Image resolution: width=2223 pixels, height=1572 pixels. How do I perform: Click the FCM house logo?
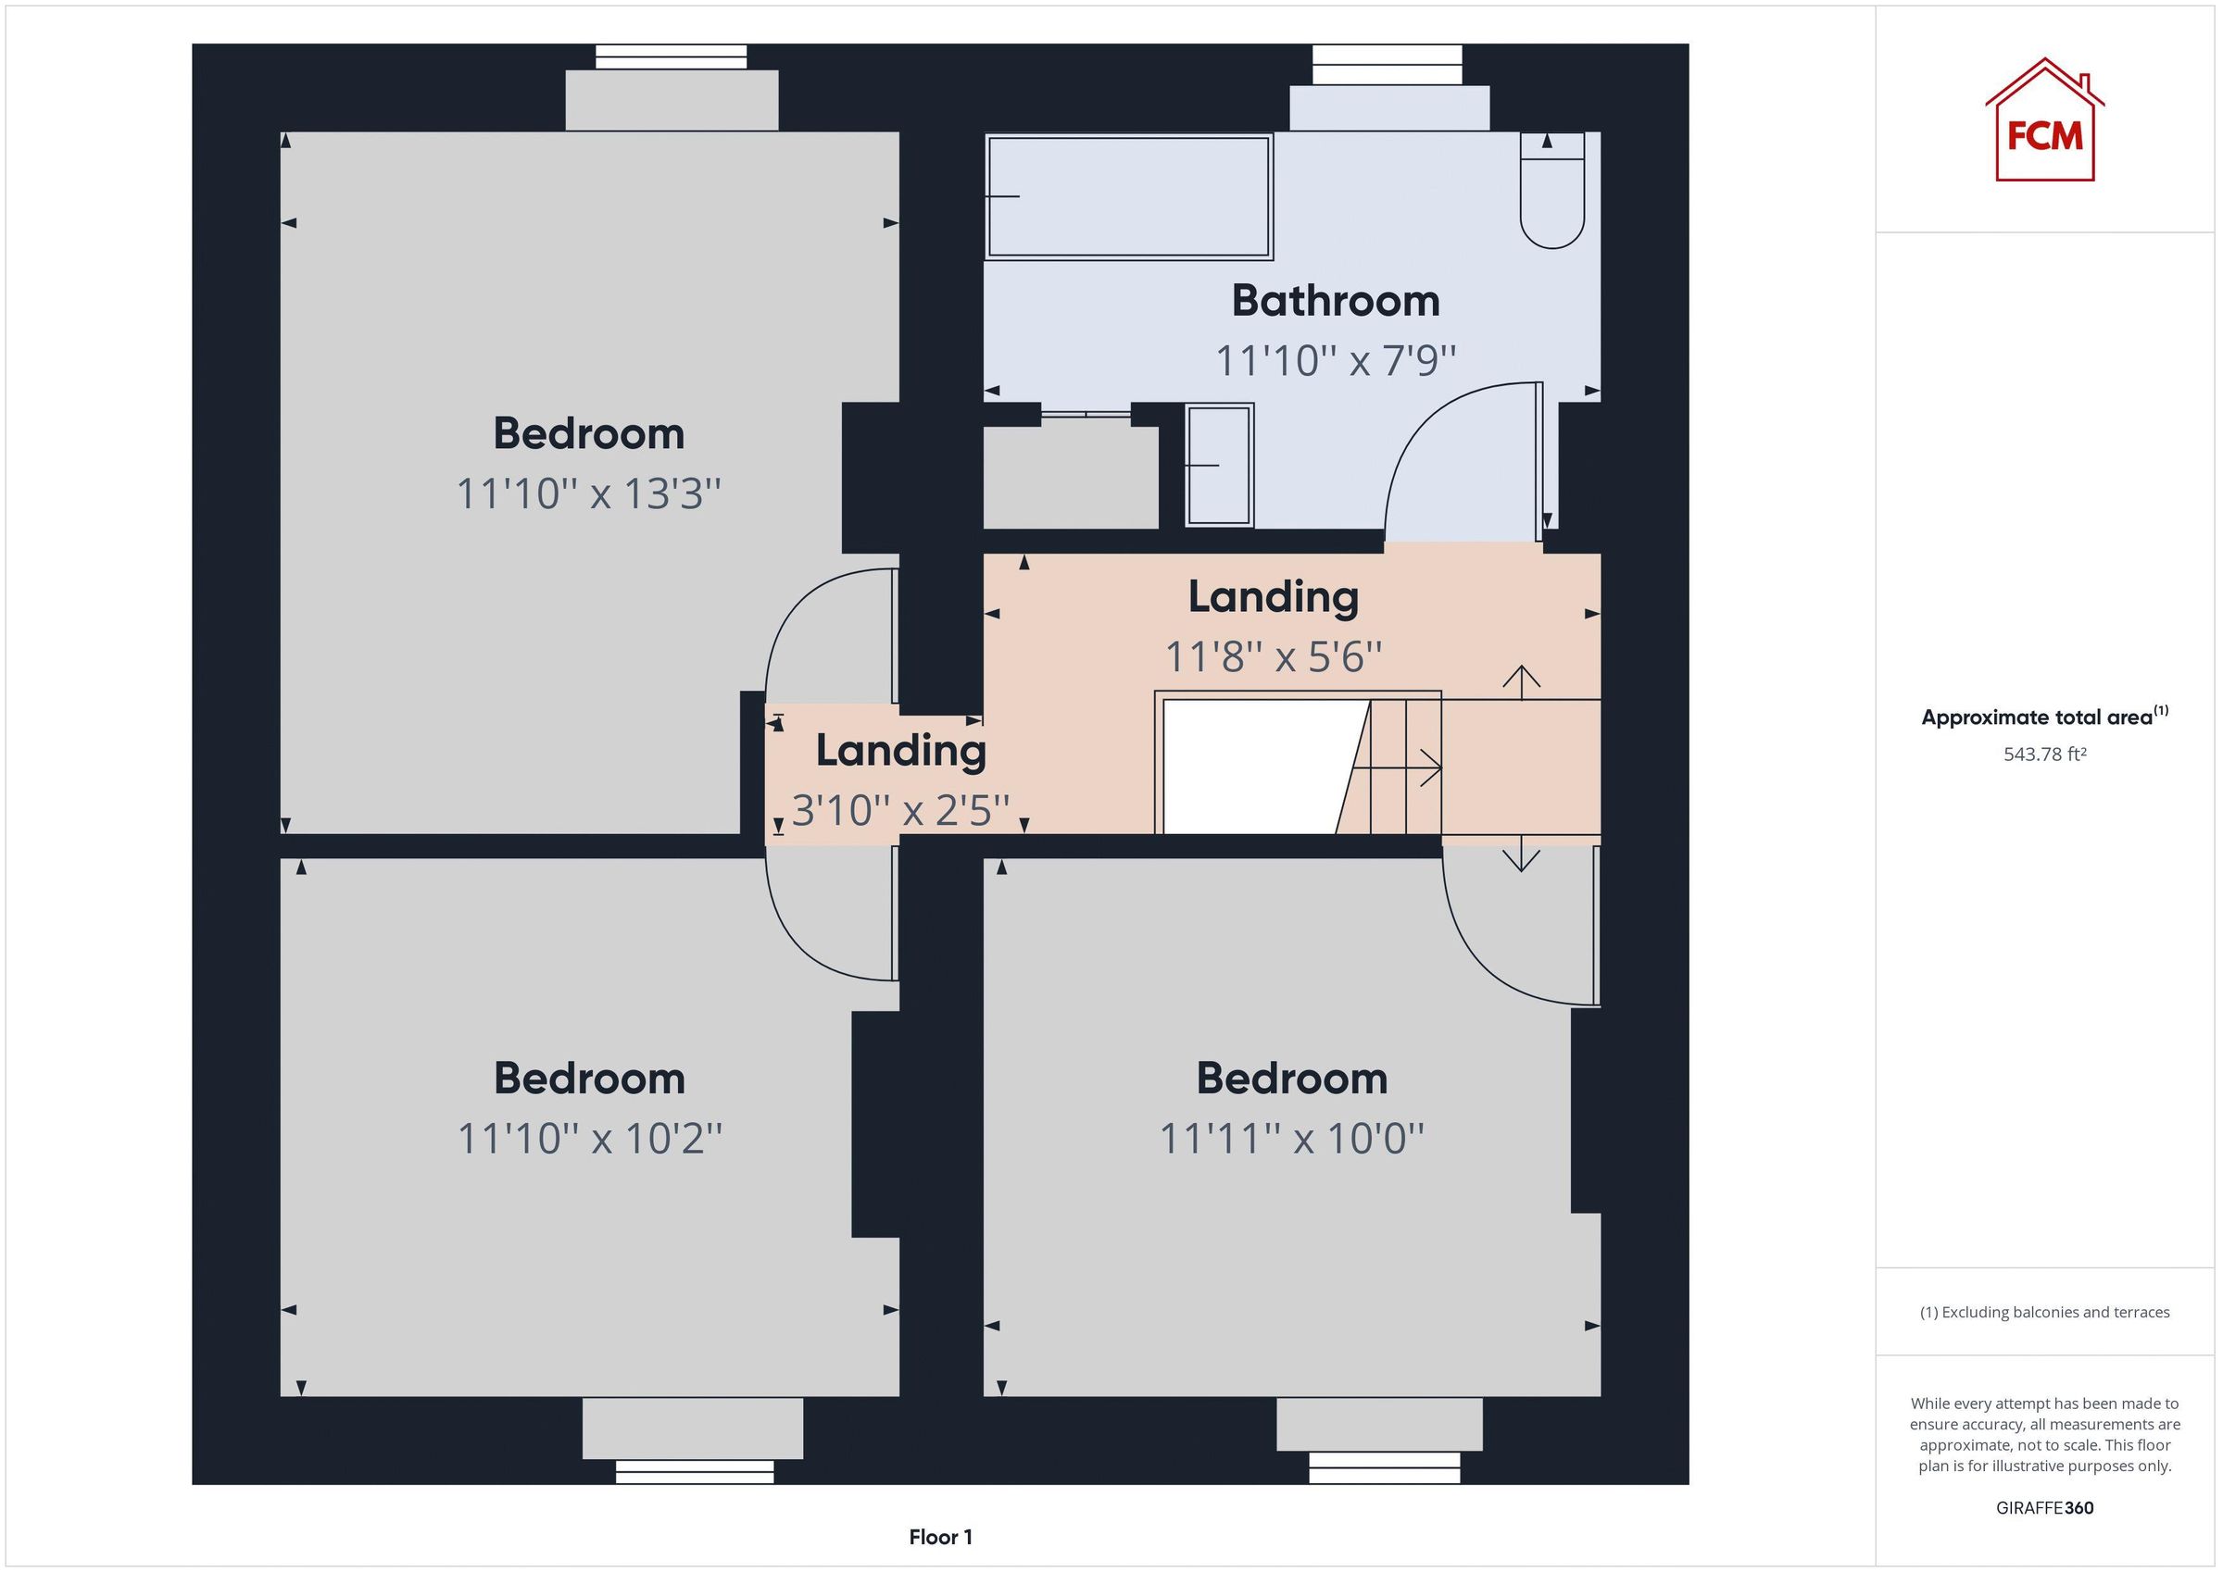(x=2044, y=122)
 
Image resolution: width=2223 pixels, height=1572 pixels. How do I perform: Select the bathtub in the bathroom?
(x=1128, y=196)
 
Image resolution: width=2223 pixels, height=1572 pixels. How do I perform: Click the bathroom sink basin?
(x=1219, y=466)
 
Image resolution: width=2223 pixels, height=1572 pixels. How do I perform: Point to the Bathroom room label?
(x=1335, y=301)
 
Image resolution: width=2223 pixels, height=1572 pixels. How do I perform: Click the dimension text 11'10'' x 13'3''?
(x=589, y=493)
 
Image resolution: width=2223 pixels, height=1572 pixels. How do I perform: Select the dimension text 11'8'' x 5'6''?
(x=1273, y=657)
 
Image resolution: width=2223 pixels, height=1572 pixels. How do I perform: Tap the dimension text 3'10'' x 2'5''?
(x=900, y=810)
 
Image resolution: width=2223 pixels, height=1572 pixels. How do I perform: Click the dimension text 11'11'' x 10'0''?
(x=1291, y=1139)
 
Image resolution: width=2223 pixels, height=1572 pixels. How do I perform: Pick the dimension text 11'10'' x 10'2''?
(x=590, y=1139)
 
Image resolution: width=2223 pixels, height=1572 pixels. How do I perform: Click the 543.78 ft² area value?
(x=2044, y=754)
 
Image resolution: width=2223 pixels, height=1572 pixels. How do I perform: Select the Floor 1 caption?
(x=939, y=1537)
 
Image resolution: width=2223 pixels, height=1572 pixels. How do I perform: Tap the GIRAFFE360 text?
(x=2044, y=1507)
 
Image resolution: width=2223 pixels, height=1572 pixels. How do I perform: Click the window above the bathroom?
(x=1387, y=65)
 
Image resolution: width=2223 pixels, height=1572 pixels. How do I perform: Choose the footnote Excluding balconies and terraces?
(x=2044, y=1313)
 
